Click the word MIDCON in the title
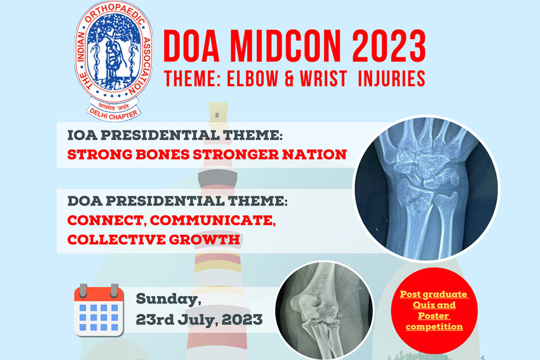(285, 46)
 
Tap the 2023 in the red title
(389, 46)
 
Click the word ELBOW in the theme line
(252, 78)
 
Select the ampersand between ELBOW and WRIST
(289, 78)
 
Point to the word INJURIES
(391, 78)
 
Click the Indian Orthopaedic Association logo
(114, 61)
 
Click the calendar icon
(99, 310)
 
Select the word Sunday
(169, 299)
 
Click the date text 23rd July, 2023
(199, 319)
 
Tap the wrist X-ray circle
(426, 188)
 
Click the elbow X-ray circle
(324, 310)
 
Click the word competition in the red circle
(434, 327)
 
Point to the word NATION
(315, 154)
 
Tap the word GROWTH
(204, 240)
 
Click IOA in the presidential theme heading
(82, 135)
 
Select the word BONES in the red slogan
(163, 154)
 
